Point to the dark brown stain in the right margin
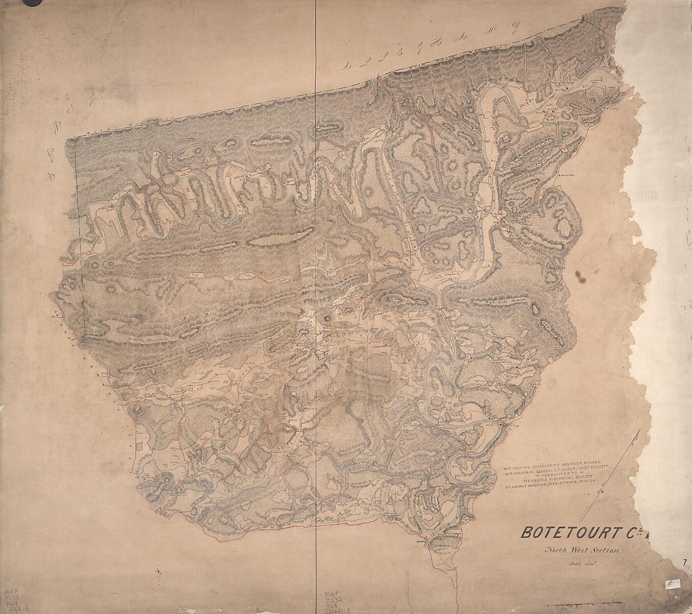[579, 275]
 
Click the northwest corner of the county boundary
[74, 138]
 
